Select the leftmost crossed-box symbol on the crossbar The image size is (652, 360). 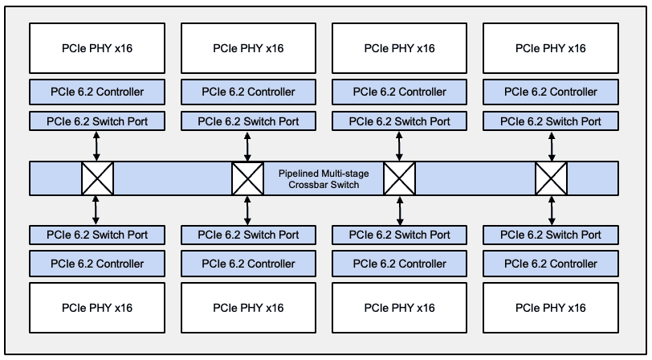97,178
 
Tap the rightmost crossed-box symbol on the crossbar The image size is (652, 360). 551,178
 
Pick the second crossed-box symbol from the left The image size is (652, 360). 248,178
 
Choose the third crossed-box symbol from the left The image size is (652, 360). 399,178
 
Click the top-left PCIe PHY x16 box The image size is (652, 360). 97,48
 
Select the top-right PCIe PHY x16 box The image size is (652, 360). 551,48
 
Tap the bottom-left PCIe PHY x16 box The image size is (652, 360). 97,307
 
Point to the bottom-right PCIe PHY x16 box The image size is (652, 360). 551,307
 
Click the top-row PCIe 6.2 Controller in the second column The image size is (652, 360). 248,92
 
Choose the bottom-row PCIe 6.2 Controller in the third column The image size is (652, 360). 399,264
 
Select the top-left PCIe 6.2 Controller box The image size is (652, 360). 97,92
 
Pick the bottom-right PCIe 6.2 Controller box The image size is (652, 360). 551,264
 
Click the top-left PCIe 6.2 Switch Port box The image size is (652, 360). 97,122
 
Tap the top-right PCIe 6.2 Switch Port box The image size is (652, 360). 551,122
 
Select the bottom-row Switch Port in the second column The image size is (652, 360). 248,235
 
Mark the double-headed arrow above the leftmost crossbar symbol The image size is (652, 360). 97,147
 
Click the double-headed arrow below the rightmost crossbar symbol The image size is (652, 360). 551,210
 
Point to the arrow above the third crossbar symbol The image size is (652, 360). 399,147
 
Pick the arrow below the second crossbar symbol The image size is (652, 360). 248,210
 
